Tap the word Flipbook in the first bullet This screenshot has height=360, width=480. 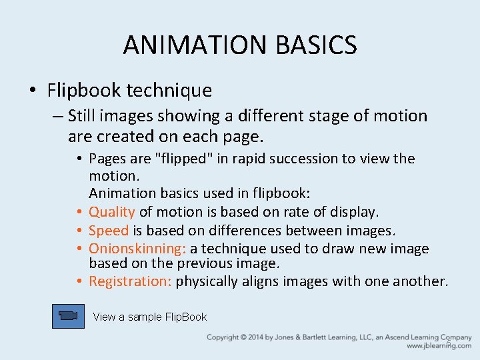(x=83, y=90)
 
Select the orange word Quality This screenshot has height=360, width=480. (x=112, y=212)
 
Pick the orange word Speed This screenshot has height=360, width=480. (x=109, y=231)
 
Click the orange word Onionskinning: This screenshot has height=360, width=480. (x=137, y=249)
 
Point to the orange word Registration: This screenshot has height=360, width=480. (x=131, y=281)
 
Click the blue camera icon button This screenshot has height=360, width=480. (x=68, y=316)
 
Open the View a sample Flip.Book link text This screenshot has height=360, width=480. (x=150, y=317)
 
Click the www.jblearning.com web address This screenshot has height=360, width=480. (x=439, y=346)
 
